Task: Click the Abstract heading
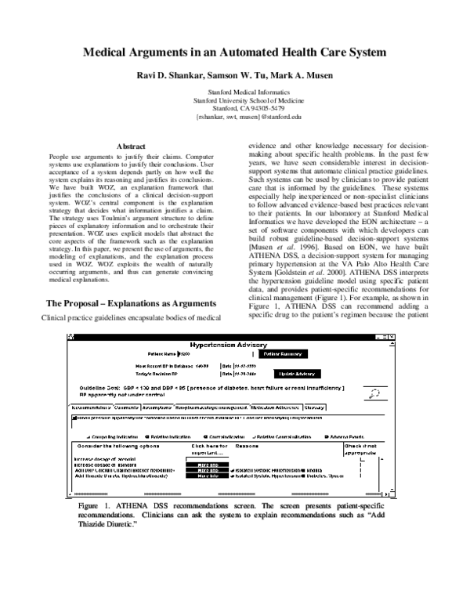pos(130,147)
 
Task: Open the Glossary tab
pos(315,408)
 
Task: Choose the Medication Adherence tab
pos(276,408)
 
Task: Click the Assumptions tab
pos(159,408)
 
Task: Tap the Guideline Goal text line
pos(211,389)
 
